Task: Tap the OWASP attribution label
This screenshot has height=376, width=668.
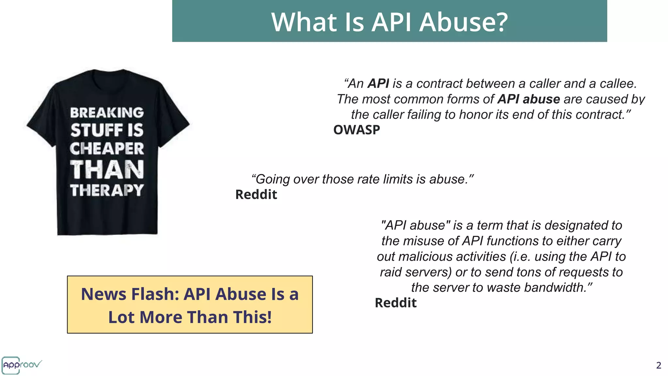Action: (x=357, y=130)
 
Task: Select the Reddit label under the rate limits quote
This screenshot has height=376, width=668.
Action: (x=256, y=195)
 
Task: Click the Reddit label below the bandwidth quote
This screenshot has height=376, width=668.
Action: (x=396, y=303)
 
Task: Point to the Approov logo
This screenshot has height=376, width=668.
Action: (x=22, y=365)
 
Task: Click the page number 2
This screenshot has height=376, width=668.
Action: (x=659, y=365)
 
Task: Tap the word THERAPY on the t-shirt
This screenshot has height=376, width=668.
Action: (x=107, y=190)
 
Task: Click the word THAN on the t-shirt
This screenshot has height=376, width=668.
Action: (x=107, y=170)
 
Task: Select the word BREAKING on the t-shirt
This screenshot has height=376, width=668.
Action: (x=107, y=113)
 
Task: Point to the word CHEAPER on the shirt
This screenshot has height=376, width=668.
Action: (x=107, y=149)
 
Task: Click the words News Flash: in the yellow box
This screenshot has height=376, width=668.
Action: (x=130, y=294)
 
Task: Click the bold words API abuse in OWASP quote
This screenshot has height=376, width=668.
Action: (x=528, y=99)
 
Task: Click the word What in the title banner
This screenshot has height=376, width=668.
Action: (x=304, y=22)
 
